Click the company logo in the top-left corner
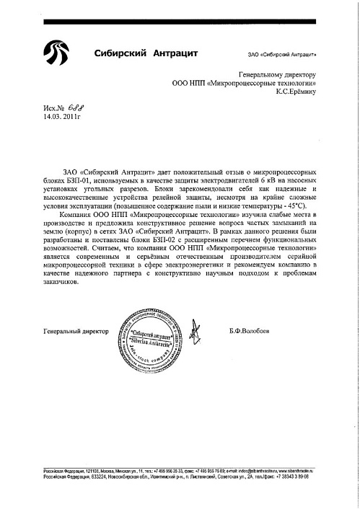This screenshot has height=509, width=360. tap(56, 53)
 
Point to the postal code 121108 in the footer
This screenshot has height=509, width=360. tap(95, 469)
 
